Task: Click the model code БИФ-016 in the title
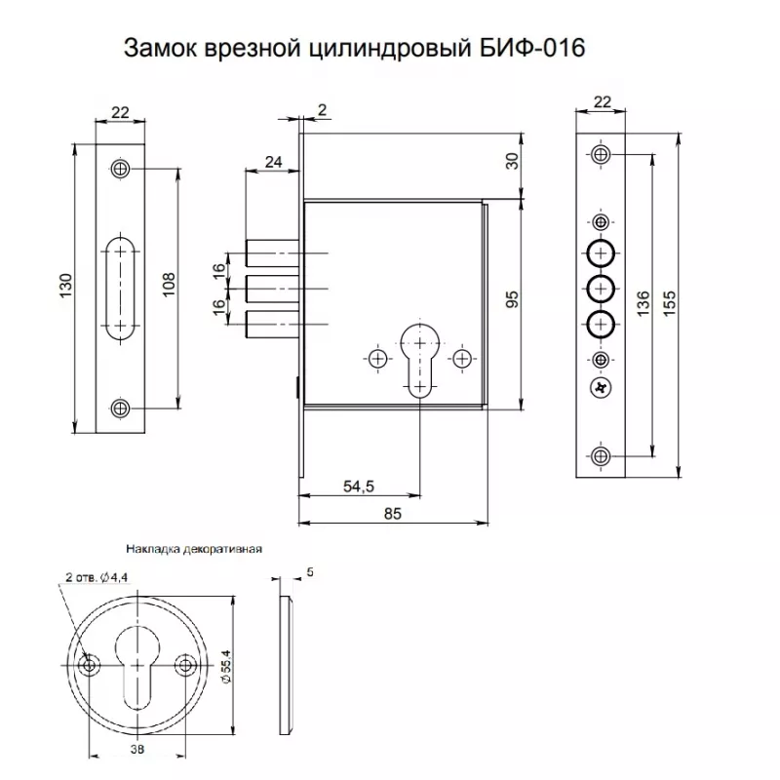coord(532,49)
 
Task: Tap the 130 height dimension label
coord(65,286)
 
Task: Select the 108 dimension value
coord(169,285)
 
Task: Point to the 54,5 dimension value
coord(359,486)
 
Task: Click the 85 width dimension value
coord(393,514)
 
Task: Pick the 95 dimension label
coord(512,299)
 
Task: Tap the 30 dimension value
coord(512,161)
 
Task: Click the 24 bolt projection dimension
coord(273,162)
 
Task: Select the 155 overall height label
coord(670,303)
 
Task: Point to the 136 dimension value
coord(643,303)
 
